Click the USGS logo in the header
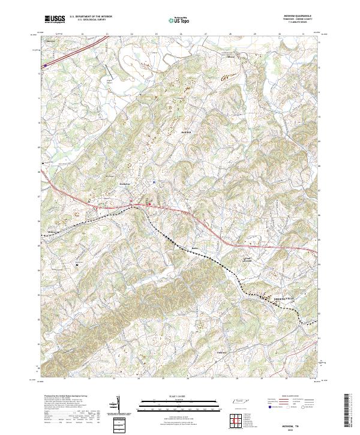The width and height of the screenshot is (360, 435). (x=55, y=19)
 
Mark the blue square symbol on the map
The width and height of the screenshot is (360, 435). (x=154, y=182)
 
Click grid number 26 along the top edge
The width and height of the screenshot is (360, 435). (x=181, y=34)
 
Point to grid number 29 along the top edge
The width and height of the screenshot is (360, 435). (x=254, y=34)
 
